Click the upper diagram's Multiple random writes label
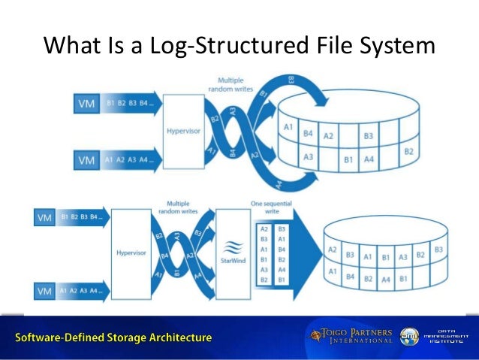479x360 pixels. coord(230,85)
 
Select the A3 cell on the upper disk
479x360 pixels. coord(309,157)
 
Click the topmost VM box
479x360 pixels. coord(86,103)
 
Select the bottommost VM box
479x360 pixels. coord(44,290)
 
